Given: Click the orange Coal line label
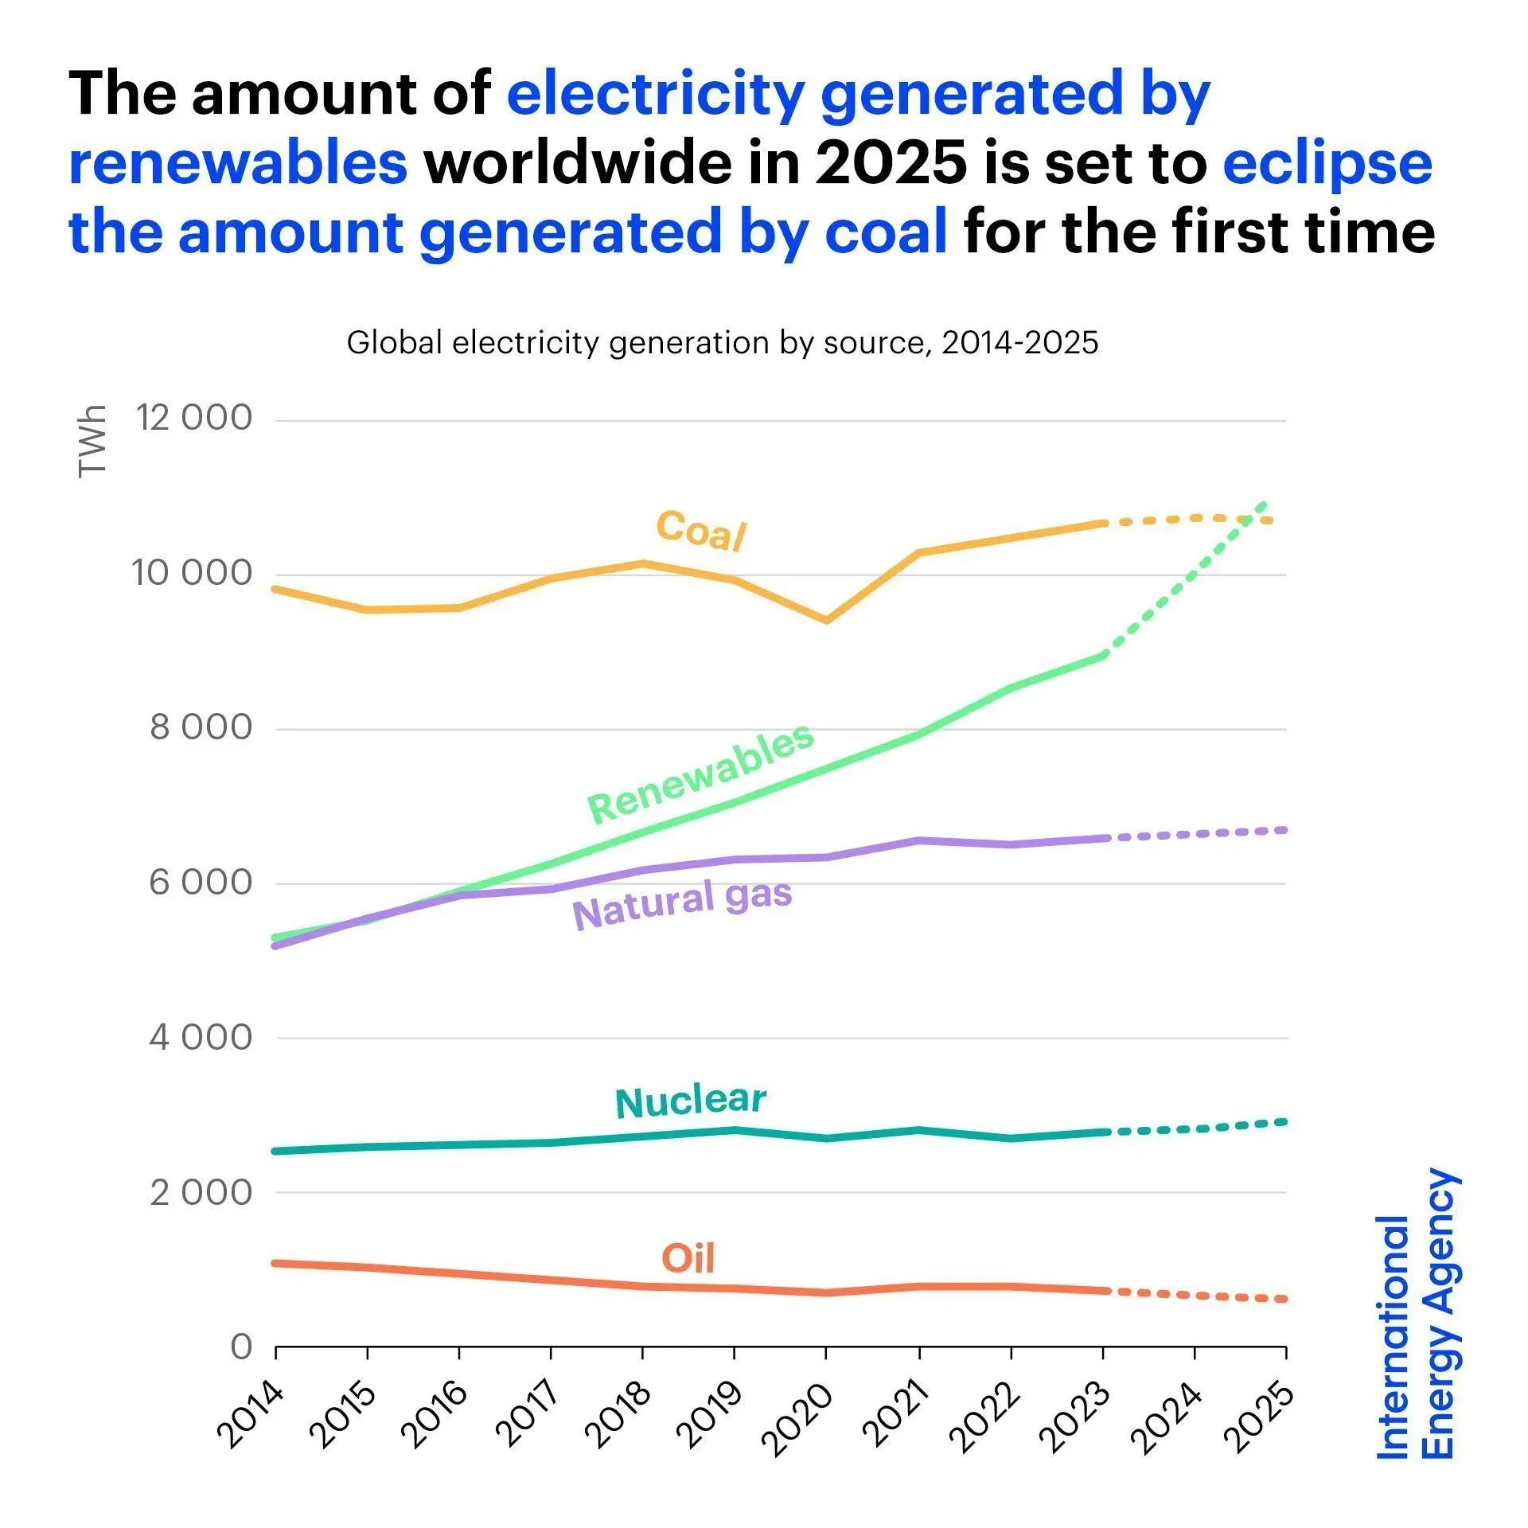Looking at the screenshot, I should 700,530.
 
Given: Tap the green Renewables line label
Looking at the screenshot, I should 700,774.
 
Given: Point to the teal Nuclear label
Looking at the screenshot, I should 690,1101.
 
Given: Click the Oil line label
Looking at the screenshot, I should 688,1258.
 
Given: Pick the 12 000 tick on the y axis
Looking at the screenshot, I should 193,417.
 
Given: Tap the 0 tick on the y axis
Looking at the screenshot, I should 240,1347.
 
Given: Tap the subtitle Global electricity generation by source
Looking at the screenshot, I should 722,343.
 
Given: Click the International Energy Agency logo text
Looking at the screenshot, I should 1417,1314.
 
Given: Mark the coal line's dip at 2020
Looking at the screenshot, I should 827,619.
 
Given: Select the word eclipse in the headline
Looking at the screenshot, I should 1327,162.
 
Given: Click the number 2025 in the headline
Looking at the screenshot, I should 891,162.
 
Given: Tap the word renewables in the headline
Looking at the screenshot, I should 238,162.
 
